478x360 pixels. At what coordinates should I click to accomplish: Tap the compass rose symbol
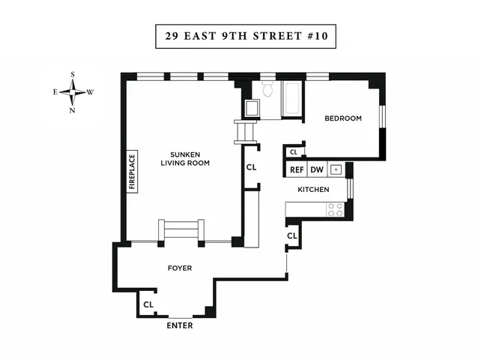(73, 92)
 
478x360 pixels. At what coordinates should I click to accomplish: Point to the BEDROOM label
(342, 118)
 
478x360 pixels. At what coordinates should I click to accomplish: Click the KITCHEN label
(313, 190)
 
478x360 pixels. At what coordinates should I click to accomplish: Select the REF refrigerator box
(297, 169)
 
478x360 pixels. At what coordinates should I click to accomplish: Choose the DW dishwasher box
(317, 169)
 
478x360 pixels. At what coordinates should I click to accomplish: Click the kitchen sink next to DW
(336, 169)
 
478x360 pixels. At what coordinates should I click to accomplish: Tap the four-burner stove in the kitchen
(335, 209)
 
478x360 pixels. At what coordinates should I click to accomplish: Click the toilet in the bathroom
(268, 91)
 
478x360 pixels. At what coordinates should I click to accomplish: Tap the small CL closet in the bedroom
(293, 152)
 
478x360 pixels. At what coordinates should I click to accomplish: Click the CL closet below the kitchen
(291, 236)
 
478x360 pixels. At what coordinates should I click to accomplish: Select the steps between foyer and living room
(181, 230)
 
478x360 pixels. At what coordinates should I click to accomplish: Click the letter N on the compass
(73, 110)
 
